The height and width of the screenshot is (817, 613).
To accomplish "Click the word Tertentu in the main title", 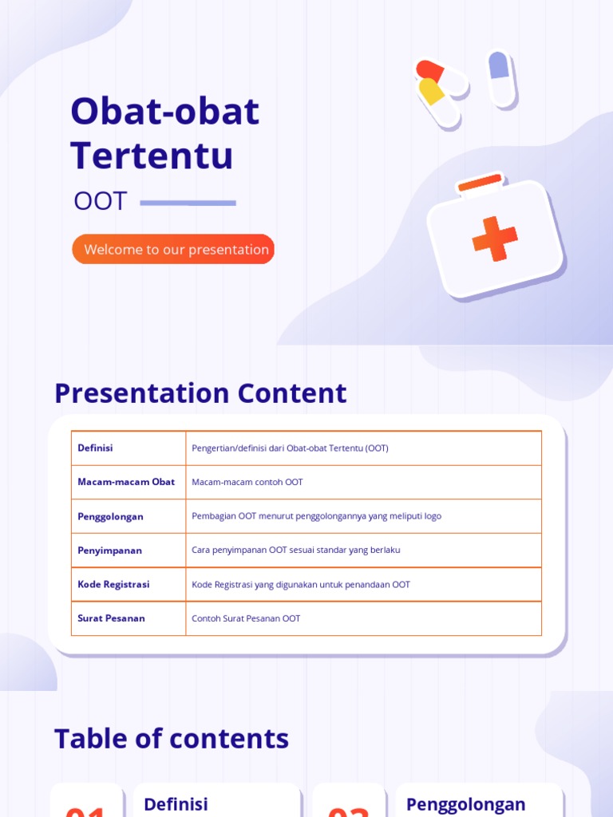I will pyautogui.click(x=152, y=155).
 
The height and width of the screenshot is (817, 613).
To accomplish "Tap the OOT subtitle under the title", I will pyautogui.click(x=101, y=201).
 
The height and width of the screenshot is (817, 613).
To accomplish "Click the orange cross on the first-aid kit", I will pyautogui.click(x=494, y=238).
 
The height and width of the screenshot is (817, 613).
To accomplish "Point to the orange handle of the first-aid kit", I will pyautogui.click(x=480, y=184).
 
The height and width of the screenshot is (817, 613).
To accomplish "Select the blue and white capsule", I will pyautogui.click(x=500, y=77).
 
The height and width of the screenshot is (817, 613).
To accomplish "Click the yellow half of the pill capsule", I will pyautogui.click(x=432, y=91).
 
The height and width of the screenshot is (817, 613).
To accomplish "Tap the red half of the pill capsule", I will pyautogui.click(x=429, y=70).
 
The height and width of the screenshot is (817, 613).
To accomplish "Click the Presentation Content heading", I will pyautogui.click(x=200, y=393).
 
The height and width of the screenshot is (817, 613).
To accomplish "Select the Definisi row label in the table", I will pyautogui.click(x=95, y=448).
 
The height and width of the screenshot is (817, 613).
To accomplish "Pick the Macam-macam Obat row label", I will pyautogui.click(x=126, y=482).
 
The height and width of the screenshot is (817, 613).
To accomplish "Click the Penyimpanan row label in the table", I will pyautogui.click(x=109, y=551).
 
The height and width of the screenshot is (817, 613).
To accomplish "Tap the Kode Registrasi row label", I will pyautogui.click(x=113, y=584).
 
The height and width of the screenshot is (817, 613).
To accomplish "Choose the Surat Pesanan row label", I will pyautogui.click(x=111, y=618).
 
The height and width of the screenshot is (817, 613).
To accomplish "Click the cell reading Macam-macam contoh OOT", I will pyautogui.click(x=247, y=482).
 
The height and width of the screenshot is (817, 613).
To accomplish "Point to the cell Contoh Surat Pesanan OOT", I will pyautogui.click(x=246, y=618).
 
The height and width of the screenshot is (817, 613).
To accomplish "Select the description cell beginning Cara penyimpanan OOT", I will pyautogui.click(x=296, y=551).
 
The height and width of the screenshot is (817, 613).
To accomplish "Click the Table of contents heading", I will pyautogui.click(x=172, y=739).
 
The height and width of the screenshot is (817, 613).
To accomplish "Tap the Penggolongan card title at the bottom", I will pyautogui.click(x=466, y=804).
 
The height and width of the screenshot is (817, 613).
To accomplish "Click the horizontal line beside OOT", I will pyautogui.click(x=188, y=203).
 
